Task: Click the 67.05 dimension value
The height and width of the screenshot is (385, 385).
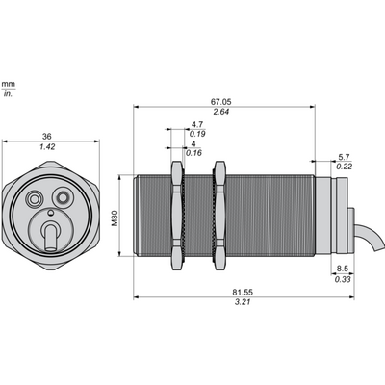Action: pyautogui.click(x=220, y=102)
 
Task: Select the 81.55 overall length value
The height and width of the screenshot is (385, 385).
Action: pyautogui.click(x=243, y=293)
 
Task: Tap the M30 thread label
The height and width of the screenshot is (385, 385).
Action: pyautogui.click(x=115, y=218)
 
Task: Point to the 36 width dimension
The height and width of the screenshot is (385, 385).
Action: pyautogui.click(x=47, y=137)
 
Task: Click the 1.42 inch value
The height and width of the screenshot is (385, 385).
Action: pyautogui.click(x=47, y=147)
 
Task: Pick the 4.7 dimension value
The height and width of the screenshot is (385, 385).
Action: pyautogui.click(x=197, y=124)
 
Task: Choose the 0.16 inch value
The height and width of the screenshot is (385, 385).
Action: pyautogui.click(x=193, y=153)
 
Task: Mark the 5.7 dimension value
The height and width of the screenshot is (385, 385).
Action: pyautogui.click(x=344, y=157)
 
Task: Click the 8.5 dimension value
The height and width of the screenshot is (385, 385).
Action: pyautogui.click(x=343, y=269)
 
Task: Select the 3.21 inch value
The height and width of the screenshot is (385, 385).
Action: pyautogui.click(x=243, y=302)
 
